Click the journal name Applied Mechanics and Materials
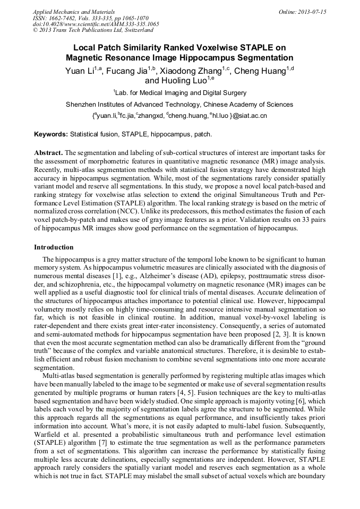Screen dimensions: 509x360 pyautogui.click(x=74, y=12)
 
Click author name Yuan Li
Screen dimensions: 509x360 pyautogui.click(x=82, y=71)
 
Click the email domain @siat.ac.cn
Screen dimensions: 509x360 pyautogui.click(x=250, y=116)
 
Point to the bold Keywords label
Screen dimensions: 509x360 pyautogui.click(x=51, y=135)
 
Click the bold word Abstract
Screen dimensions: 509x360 pyautogui.click(x=48, y=152)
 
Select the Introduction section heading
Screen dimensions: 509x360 pyautogui.click(x=54, y=247)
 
